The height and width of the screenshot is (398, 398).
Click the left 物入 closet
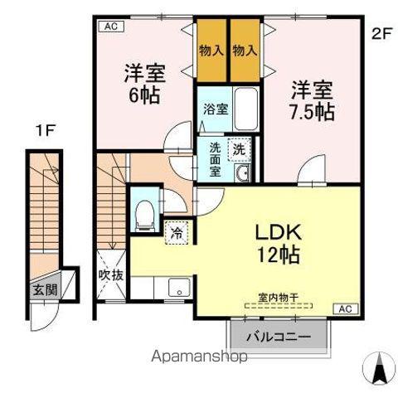click(x=211, y=50)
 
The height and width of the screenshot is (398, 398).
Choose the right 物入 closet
click(x=245, y=50)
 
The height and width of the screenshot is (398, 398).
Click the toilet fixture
click(x=145, y=214)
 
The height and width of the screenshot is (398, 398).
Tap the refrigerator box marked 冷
click(x=177, y=235)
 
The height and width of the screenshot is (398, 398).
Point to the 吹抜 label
click(x=111, y=274)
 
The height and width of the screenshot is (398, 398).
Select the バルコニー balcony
click(x=278, y=338)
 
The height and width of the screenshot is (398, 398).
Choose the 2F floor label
click(x=380, y=34)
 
